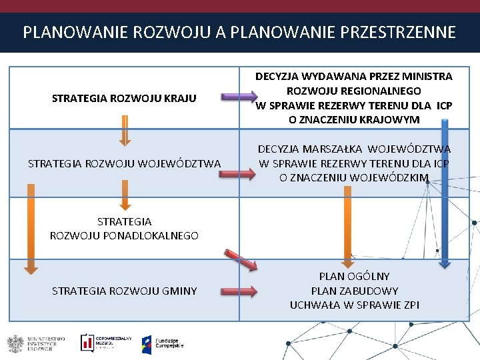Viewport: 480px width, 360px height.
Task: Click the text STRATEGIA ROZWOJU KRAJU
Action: tap(124, 99)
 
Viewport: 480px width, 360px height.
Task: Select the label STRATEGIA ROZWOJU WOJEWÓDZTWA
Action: tap(124, 163)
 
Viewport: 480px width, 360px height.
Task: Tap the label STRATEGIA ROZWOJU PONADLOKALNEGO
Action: tap(124, 228)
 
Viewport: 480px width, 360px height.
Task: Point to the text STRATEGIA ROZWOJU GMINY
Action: tap(124, 291)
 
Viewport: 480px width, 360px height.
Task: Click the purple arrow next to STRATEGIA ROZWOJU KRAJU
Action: tap(237, 97)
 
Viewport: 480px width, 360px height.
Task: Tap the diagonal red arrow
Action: tap(241, 260)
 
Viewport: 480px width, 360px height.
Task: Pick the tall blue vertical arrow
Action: tap(443, 193)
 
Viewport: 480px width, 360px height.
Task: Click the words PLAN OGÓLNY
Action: tap(354, 276)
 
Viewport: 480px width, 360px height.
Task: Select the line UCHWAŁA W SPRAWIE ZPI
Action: tap(354, 305)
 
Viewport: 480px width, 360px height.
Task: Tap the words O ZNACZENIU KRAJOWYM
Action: tap(354, 119)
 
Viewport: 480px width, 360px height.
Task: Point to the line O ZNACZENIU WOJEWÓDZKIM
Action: tap(354, 177)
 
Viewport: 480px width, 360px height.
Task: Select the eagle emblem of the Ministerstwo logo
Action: tap(15, 343)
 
